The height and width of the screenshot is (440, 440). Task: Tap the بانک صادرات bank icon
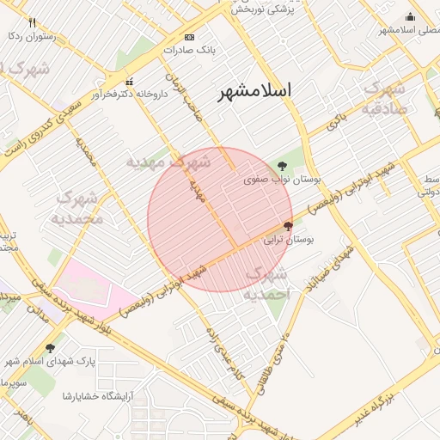(x=190, y=37)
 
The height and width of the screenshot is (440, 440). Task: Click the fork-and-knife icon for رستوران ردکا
(x=33, y=22)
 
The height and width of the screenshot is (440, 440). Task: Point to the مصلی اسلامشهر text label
(x=409, y=30)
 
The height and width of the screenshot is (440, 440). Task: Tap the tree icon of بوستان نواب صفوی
(x=284, y=165)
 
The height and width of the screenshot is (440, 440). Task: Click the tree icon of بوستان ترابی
(x=287, y=225)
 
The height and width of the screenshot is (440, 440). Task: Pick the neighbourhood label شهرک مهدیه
(x=168, y=162)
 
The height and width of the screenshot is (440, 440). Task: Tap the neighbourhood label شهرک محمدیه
(x=79, y=208)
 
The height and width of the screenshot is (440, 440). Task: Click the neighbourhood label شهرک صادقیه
(x=383, y=98)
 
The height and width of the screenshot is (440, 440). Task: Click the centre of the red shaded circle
(x=220, y=220)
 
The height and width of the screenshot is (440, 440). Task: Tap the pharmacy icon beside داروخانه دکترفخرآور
(x=129, y=81)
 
